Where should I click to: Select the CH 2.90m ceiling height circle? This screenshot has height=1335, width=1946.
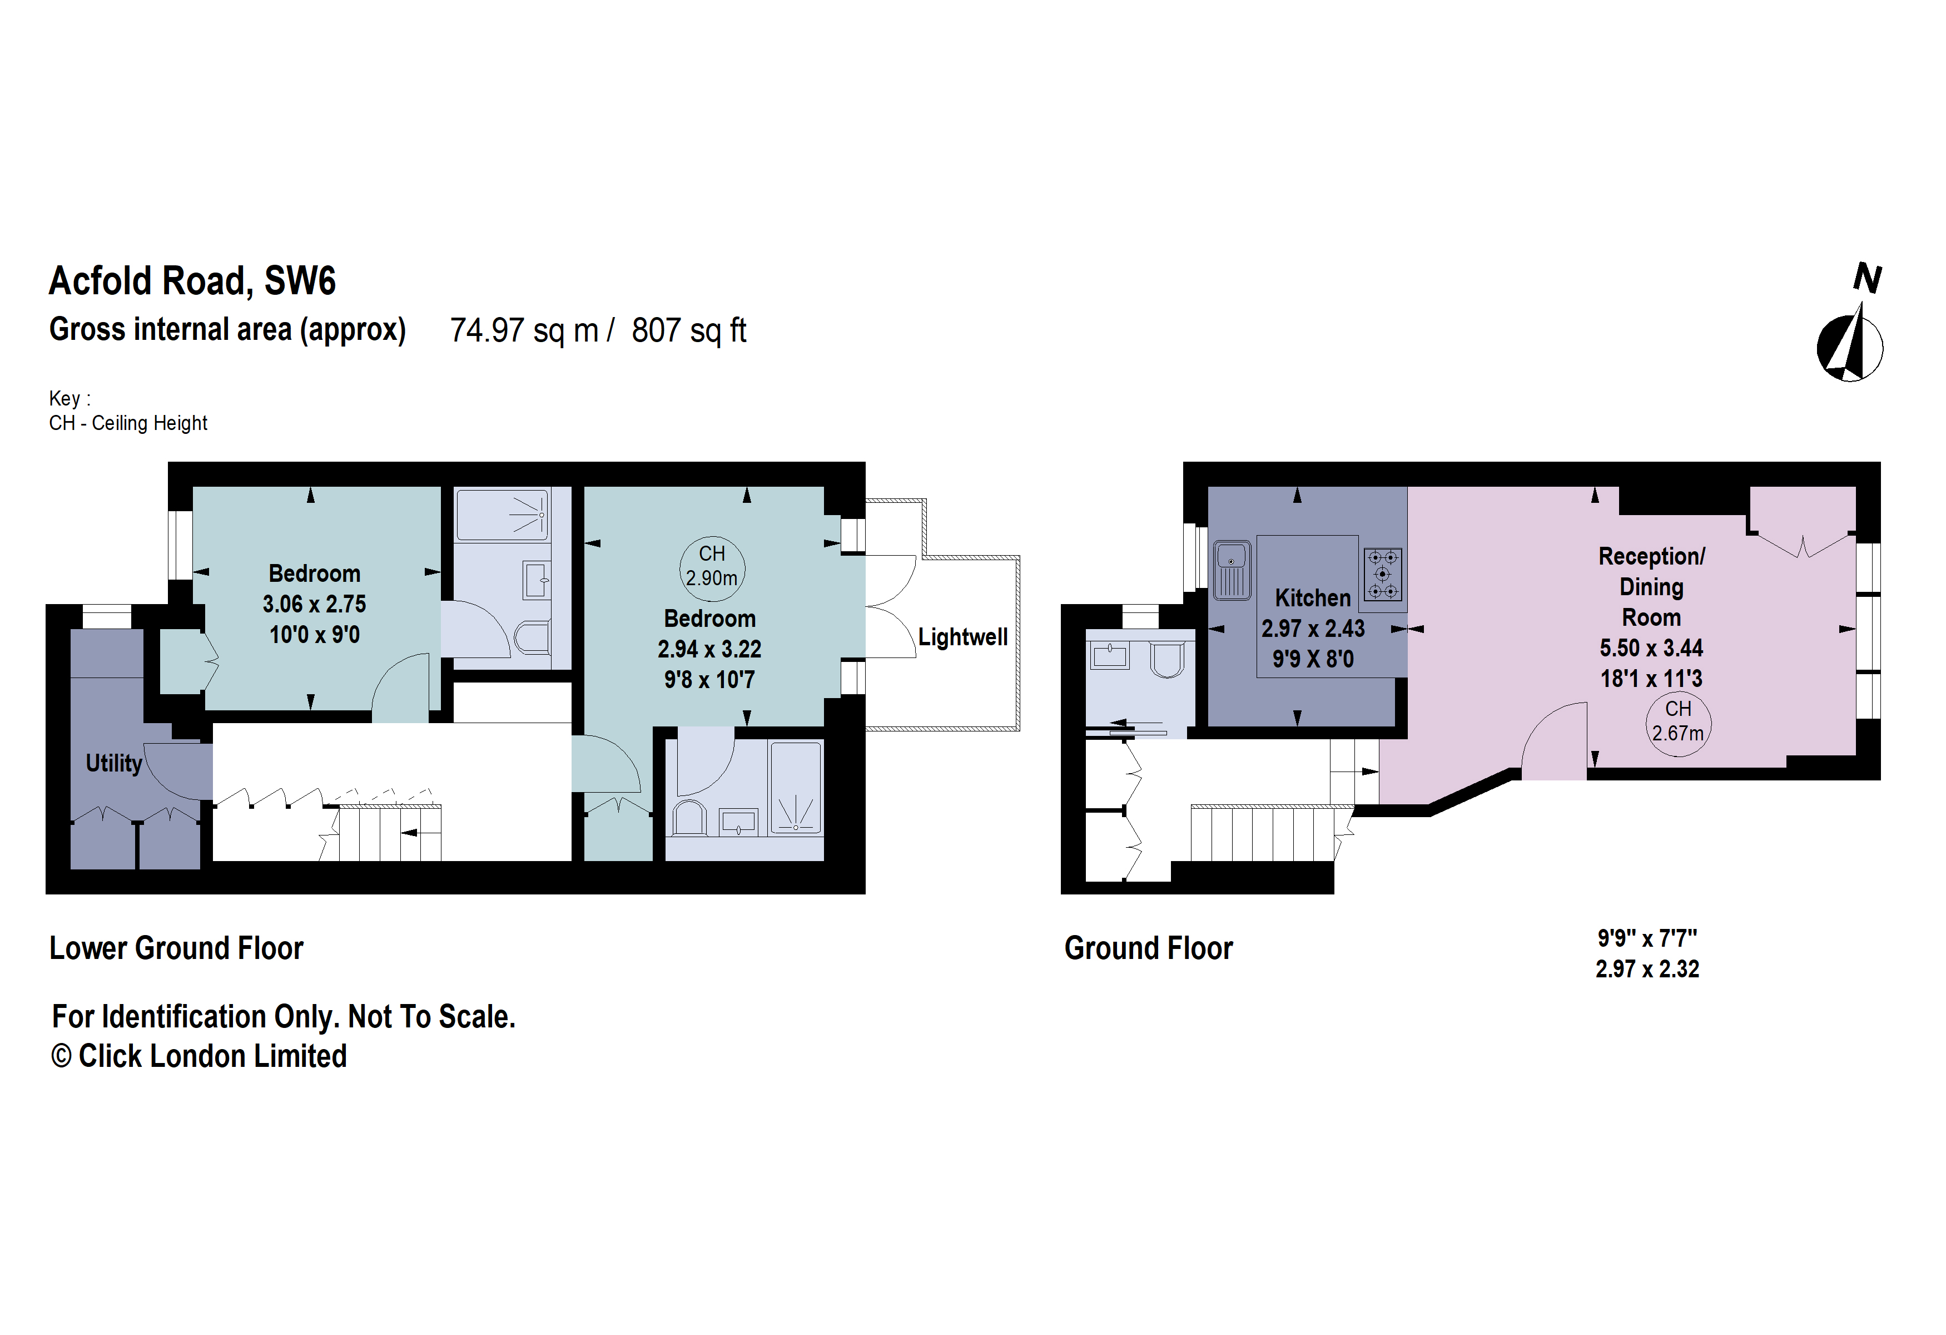point(711,567)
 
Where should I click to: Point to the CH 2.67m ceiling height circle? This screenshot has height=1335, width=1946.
point(1677,722)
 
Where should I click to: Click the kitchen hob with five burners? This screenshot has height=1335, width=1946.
point(1382,575)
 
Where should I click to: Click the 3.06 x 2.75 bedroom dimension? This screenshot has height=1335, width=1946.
point(314,604)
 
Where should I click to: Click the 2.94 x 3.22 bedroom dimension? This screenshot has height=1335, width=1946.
point(709,649)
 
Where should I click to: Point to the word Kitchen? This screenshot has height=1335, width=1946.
point(1312,598)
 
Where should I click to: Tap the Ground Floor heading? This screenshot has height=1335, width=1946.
point(1148,948)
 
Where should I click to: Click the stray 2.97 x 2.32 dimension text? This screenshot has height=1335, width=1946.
point(1646,969)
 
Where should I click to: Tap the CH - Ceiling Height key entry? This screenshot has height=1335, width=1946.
point(128,423)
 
